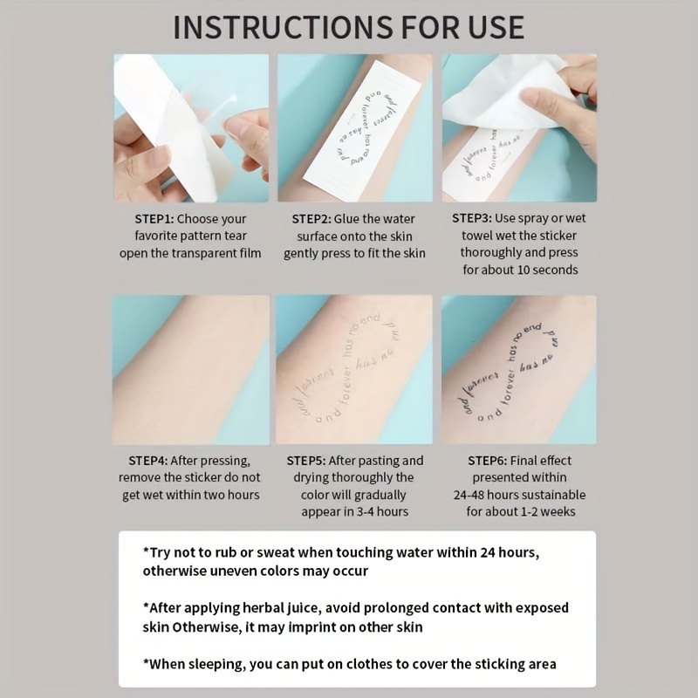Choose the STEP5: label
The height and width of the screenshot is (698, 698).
coord(317,461)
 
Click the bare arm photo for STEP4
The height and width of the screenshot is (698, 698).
coord(190,371)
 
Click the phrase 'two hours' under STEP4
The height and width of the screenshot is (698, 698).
coord(229,496)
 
